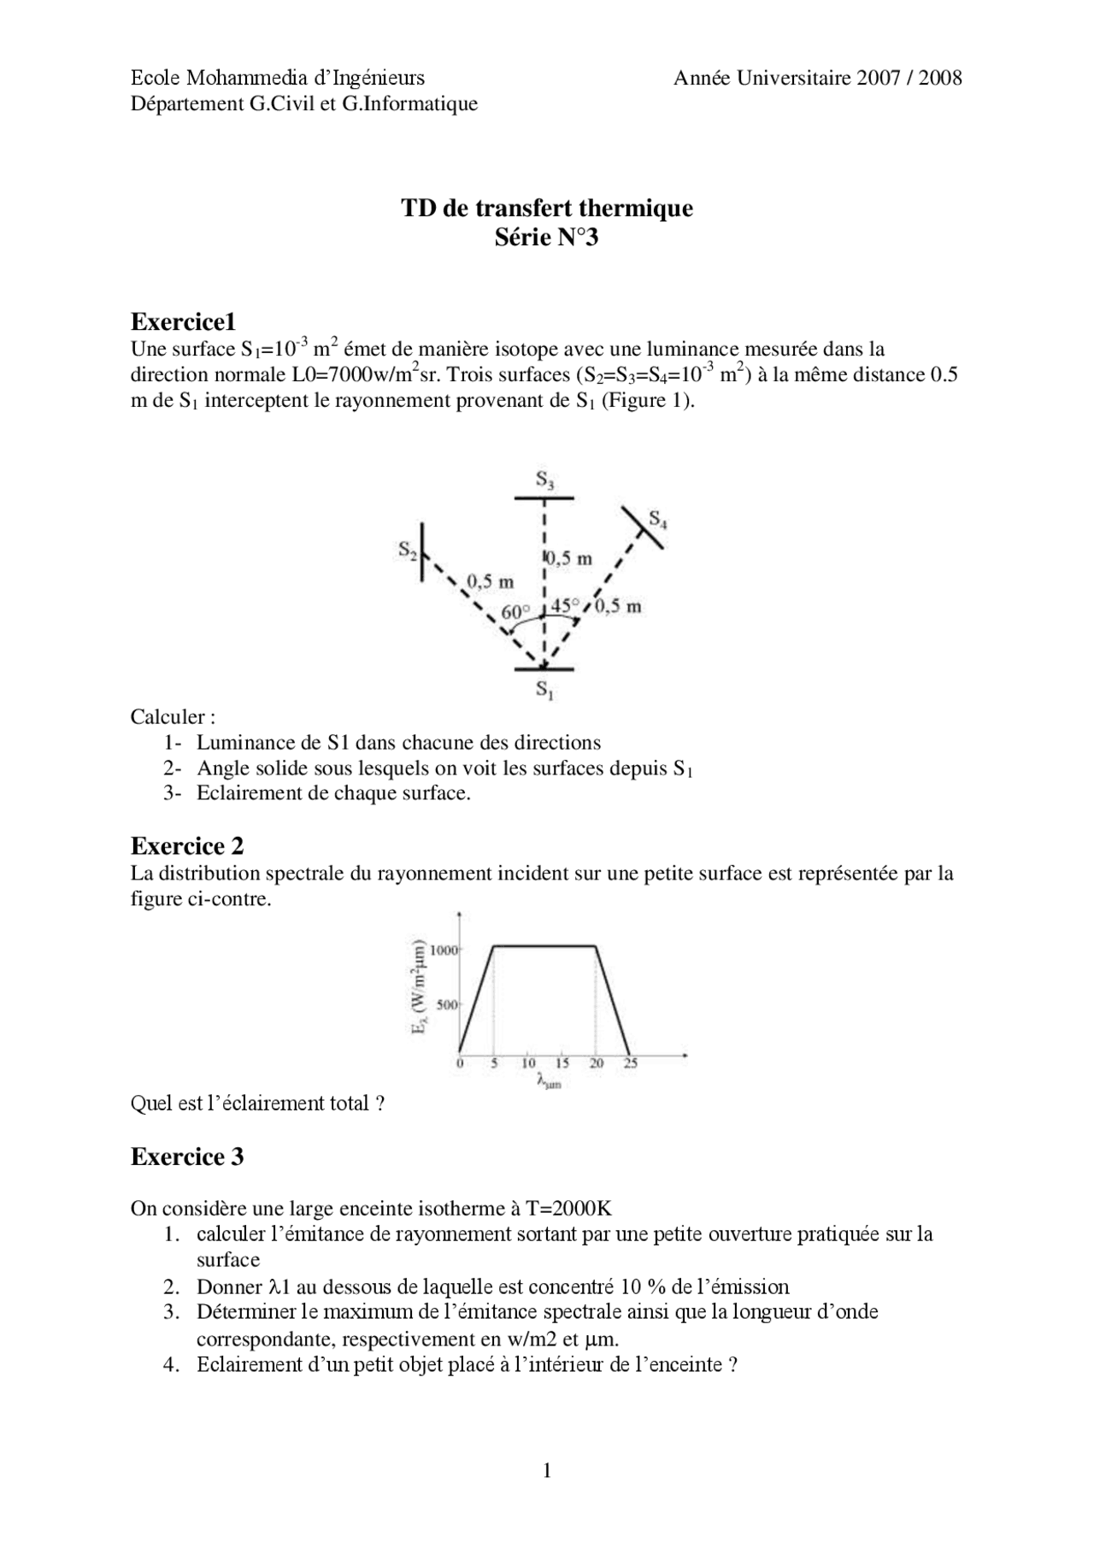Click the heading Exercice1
pyautogui.click(x=183, y=322)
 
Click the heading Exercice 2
pyautogui.click(x=187, y=846)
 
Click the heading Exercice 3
pyautogui.click(x=187, y=1157)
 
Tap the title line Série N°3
pyautogui.click(x=547, y=238)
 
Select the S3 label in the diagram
pyautogui.click(x=545, y=481)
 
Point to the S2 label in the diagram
pyautogui.click(x=408, y=550)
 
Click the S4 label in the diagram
pyautogui.click(x=658, y=519)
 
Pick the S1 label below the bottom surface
pyautogui.click(x=544, y=689)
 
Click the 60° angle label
pyautogui.click(x=515, y=613)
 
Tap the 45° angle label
pyautogui.click(x=565, y=605)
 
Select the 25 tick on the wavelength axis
pyautogui.click(x=630, y=1063)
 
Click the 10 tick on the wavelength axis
pyautogui.click(x=528, y=1063)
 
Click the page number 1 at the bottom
pyautogui.click(x=547, y=1470)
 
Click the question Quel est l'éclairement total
pyautogui.click(x=256, y=1104)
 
